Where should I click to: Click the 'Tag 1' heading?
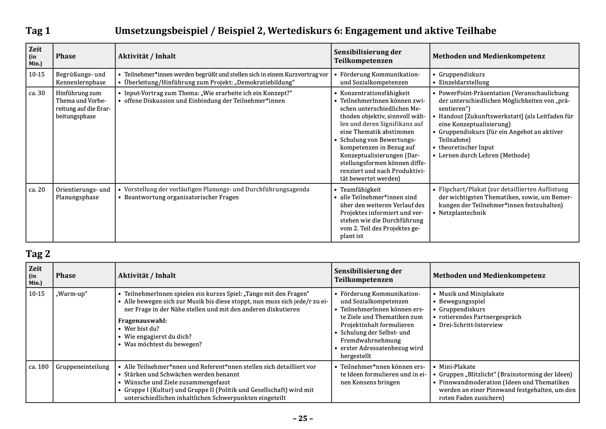(38, 31)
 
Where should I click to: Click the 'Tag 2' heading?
(38, 254)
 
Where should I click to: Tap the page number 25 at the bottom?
(303, 418)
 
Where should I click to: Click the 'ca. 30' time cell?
(37, 93)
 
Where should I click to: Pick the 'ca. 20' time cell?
(37, 190)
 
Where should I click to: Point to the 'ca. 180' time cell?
(38, 367)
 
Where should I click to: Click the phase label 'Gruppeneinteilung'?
(83, 367)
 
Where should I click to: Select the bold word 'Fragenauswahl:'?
(142, 321)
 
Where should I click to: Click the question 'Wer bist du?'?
(141, 329)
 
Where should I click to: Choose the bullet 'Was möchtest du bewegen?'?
(163, 344)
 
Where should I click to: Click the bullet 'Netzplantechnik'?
(462, 213)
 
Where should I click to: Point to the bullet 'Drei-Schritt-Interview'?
(470, 325)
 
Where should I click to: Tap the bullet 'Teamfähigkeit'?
(361, 190)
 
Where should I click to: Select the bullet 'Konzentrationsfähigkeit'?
(375, 93)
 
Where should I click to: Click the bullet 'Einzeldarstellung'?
(464, 82)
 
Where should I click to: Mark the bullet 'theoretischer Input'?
(466, 147)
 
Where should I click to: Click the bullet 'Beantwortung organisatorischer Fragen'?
(181, 197)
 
